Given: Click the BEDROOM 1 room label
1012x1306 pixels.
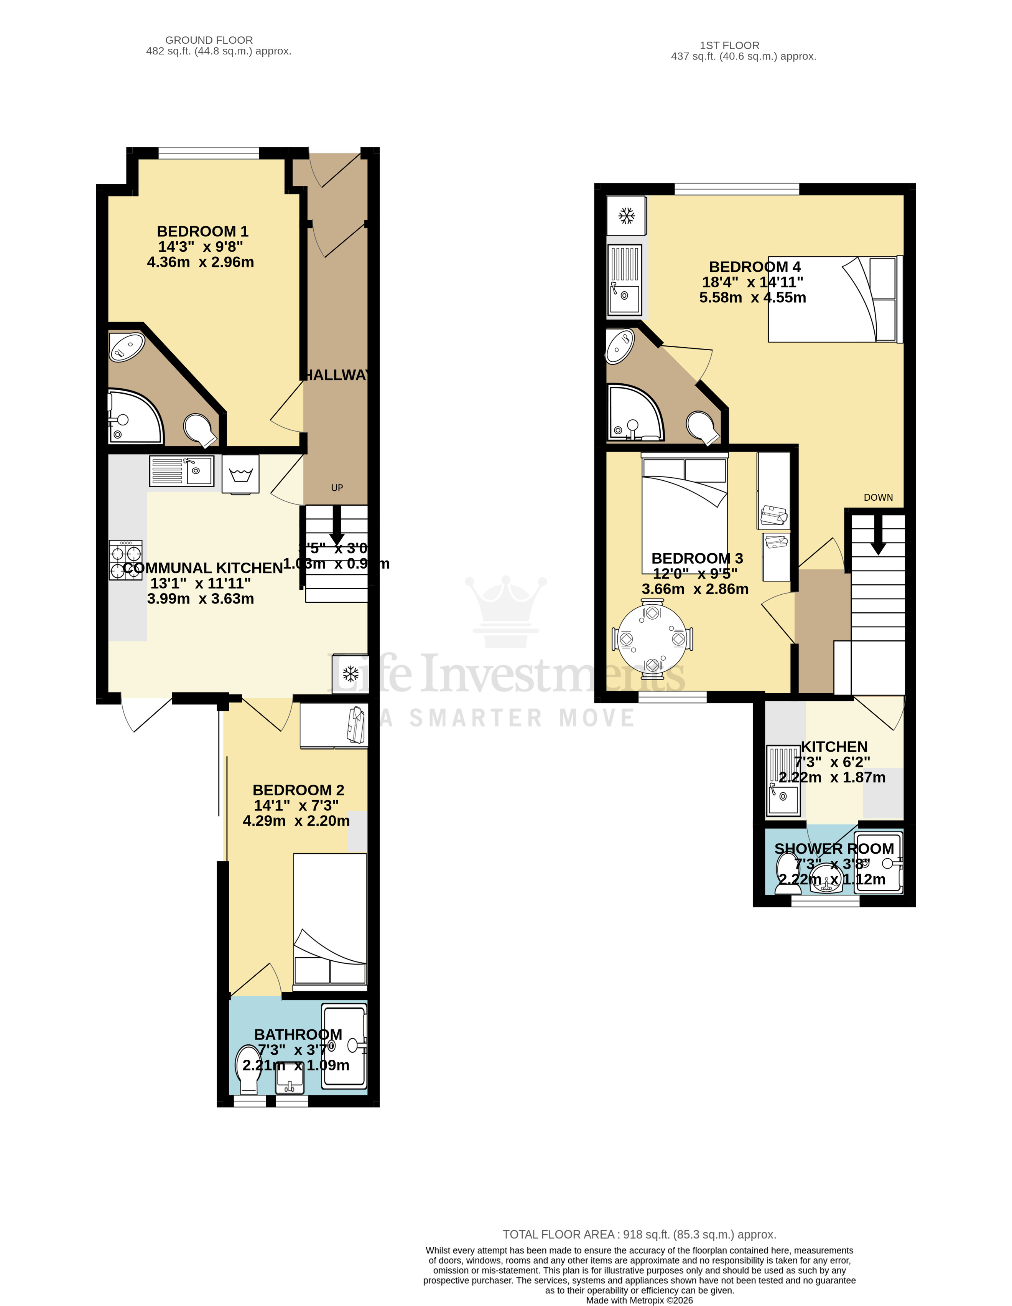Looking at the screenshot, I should (202, 231).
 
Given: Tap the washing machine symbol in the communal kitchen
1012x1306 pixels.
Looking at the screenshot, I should (240, 474).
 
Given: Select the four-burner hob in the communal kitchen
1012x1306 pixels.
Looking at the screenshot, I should (125, 560).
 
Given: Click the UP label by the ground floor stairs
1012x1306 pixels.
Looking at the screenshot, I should (337, 488).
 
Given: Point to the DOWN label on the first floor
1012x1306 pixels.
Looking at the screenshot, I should (877, 498).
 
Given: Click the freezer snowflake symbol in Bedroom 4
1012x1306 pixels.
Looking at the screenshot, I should (626, 216).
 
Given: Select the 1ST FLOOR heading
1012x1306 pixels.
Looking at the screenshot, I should (729, 45).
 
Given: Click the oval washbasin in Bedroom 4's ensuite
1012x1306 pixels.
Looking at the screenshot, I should (620, 347).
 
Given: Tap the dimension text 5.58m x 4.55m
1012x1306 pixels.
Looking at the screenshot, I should (752, 297).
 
